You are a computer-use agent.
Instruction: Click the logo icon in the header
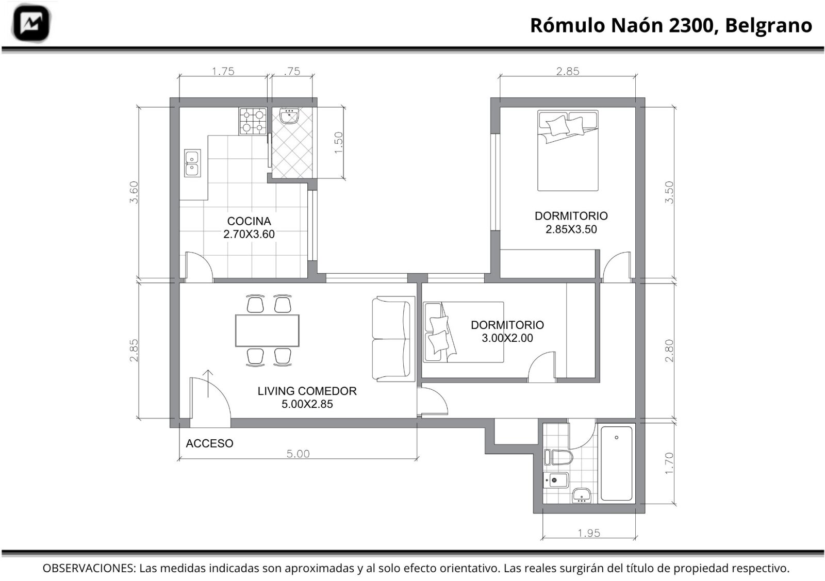(31, 23)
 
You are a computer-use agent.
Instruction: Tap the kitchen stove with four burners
(253, 121)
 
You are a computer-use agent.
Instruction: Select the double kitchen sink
(192, 163)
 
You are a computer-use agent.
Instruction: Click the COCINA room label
(249, 221)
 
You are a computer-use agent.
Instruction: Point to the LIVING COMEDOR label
(307, 391)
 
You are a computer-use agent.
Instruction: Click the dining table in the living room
(267, 330)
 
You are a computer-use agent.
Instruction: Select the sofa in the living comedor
(393, 338)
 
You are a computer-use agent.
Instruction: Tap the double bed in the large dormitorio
(568, 150)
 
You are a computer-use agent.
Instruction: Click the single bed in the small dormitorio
(464, 332)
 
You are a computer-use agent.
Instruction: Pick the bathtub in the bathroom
(616, 463)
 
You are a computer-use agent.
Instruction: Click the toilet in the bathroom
(558, 458)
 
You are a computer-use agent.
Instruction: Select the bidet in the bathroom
(556, 480)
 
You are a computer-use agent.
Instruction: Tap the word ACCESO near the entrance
(209, 443)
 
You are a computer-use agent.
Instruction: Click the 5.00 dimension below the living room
(298, 454)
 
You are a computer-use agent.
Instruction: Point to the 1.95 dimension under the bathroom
(589, 533)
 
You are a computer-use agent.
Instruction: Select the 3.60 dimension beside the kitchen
(134, 192)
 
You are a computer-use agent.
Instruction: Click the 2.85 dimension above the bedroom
(568, 71)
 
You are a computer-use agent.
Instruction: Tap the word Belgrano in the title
(769, 26)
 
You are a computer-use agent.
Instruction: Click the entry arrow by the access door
(208, 384)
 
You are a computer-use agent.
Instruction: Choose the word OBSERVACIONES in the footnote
(88, 568)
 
